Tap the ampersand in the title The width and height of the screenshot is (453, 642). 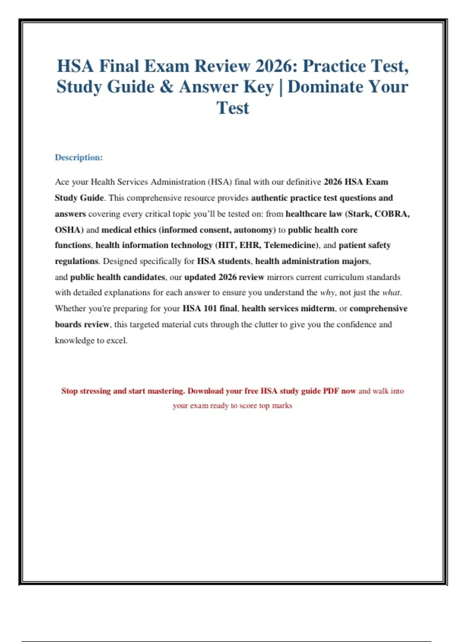click(166, 87)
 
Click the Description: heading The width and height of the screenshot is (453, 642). click(79, 157)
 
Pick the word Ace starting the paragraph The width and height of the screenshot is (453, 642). click(62, 182)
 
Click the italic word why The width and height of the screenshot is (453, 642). click(327, 293)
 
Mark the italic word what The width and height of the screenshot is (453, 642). click(391, 293)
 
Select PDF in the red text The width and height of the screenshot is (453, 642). click(331, 391)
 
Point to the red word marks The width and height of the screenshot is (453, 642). click(282, 406)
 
